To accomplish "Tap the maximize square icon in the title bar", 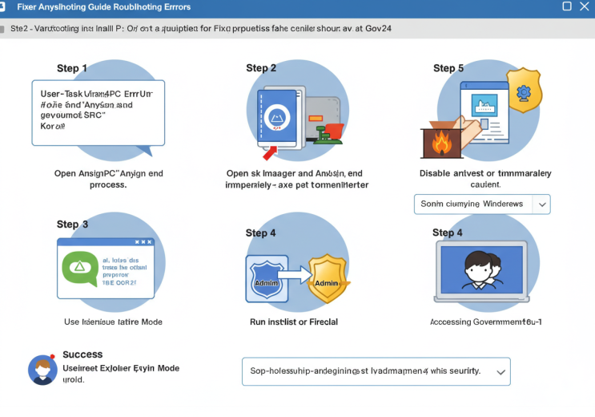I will click(x=567, y=6).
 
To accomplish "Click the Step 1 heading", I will click(x=72, y=69).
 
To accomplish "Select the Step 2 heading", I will click(x=261, y=68).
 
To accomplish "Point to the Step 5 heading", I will click(x=448, y=68).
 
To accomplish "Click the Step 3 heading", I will click(x=72, y=225).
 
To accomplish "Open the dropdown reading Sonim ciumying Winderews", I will click(x=482, y=204).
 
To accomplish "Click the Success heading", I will click(x=82, y=354).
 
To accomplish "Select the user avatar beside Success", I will click(x=42, y=370).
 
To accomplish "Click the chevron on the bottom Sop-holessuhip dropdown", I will click(x=501, y=372).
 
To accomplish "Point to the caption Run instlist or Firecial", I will click(x=294, y=322).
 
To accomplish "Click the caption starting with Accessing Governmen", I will click(x=486, y=322).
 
